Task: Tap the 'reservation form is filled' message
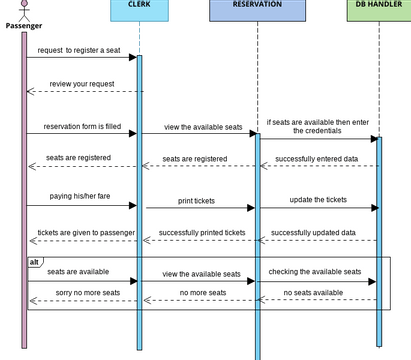point(79,127)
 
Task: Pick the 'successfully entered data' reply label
point(318,158)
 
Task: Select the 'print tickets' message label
point(201,200)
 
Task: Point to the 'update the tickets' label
point(318,199)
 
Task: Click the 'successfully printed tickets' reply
point(201,232)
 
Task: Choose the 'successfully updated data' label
point(317,232)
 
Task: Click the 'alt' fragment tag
point(34,261)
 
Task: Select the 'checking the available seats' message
point(315,272)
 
